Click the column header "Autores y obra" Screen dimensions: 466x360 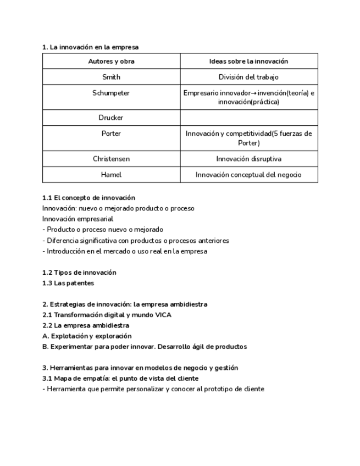pyautogui.click(x=111, y=62)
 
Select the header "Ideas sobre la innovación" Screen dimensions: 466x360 pyautogui.click(x=248, y=62)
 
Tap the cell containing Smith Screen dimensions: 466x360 pyautogui.click(x=111, y=77)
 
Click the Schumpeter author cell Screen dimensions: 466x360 pyautogui.click(x=111, y=93)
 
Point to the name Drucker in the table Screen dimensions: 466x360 pyautogui.click(x=111, y=118)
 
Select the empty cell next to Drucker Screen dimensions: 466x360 pyautogui.click(x=248, y=118)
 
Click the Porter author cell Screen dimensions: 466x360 pyautogui.click(x=111, y=134)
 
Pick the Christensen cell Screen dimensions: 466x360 pyautogui.click(x=111, y=159)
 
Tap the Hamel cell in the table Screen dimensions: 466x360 pyautogui.click(x=111, y=175)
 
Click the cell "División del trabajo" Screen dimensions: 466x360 pyautogui.click(x=248, y=77)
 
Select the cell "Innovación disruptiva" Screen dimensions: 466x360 pyautogui.click(x=248, y=159)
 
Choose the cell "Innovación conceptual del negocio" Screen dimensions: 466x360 pyautogui.click(x=248, y=175)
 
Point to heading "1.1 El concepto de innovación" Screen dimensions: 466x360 pyautogui.click(x=88, y=197)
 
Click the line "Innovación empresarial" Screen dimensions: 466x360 pyautogui.click(x=77, y=219)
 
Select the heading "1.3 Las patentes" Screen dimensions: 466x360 pyautogui.click(x=68, y=283)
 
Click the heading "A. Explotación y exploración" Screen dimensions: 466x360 pyautogui.click(x=87, y=336)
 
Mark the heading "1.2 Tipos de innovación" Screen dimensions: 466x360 pyautogui.click(x=79, y=273)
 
